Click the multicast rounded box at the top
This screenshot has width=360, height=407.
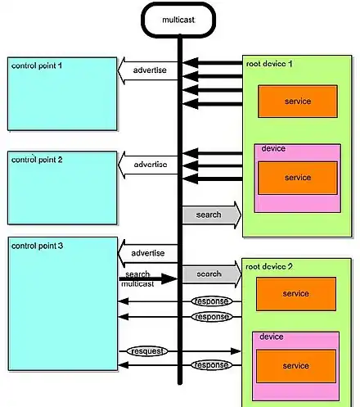(178, 20)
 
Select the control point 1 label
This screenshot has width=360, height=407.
(37, 66)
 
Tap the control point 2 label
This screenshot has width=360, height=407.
(37, 160)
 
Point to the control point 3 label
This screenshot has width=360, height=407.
(37, 246)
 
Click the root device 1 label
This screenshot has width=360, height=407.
(269, 64)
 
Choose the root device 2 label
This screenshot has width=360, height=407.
(269, 266)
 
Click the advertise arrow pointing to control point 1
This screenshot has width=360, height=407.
(148, 70)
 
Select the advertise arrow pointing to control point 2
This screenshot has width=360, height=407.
(148, 165)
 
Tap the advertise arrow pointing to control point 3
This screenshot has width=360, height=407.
(148, 253)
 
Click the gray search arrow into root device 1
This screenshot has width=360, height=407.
(212, 215)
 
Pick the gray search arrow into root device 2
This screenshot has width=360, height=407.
(212, 274)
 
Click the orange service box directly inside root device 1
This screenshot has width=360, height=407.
(298, 102)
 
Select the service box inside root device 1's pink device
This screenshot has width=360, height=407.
(298, 178)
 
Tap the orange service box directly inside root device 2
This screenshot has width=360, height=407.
(296, 294)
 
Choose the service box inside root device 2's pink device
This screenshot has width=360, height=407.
(296, 366)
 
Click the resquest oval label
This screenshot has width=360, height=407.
(147, 351)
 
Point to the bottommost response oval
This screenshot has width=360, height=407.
(212, 365)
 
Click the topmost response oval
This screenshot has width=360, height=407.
(212, 301)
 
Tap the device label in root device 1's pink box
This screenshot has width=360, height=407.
(273, 149)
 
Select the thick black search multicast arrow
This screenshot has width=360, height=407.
(148, 278)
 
